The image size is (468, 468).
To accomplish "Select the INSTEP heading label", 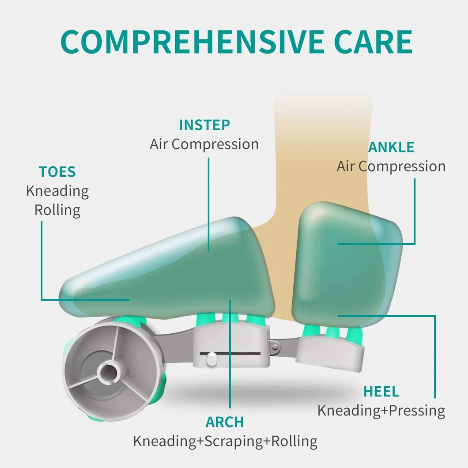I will pyautogui.click(x=204, y=125).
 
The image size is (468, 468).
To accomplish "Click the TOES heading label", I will pyautogui.click(x=57, y=172).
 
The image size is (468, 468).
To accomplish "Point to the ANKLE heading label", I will pyautogui.click(x=391, y=147).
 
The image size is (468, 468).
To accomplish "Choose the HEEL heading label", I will pyautogui.click(x=381, y=391).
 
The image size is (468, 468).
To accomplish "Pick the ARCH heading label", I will pyautogui.click(x=225, y=422).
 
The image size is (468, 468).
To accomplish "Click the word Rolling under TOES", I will pyautogui.click(x=57, y=210).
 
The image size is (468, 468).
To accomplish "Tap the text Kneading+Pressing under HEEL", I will pyautogui.click(x=381, y=411).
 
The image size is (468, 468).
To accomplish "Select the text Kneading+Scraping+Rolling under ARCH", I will pyautogui.click(x=225, y=441).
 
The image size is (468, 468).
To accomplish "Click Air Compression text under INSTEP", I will pyautogui.click(x=204, y=144).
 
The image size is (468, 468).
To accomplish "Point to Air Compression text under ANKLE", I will pyautogui.click(x=391, y=166).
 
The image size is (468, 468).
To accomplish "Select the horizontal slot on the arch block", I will pyautogui.click(x=234, y=353).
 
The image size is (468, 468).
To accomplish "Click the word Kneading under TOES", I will pyautogui.click(x=57, y=191).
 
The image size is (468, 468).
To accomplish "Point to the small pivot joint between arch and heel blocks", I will pyautogui.click(x=276, y=348).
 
